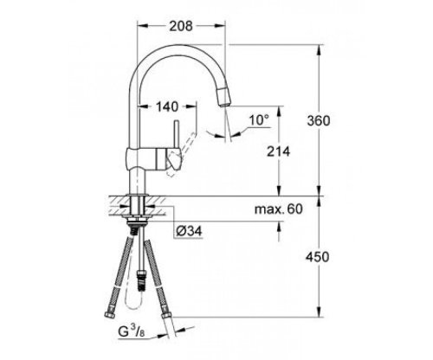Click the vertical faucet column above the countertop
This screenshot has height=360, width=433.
click(x=137, y=182)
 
